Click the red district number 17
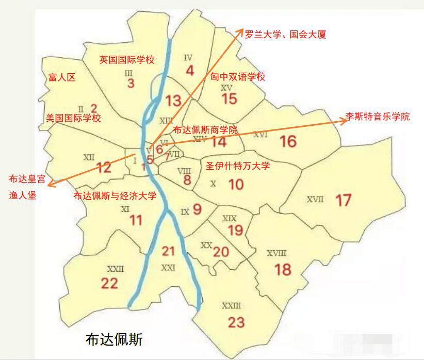pyautogui.click(x=343, y=200)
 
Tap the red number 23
pyautogui.click(x=236, y=322)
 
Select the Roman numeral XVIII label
pyautogui.click(x=276, y=253)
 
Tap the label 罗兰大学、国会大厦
pyautogui.click(x=285, y=35)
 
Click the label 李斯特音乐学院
pyautogui.click(x=378, y=117)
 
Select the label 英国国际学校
pyautogui.click(x=127, y=60)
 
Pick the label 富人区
pyautogui.click(x=61, y=77)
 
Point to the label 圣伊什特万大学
pyautogui.click(x=238, y=166)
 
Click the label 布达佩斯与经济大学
pyautogui.click(x=115, y=196)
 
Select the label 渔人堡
pyautogui.click(x=23, y=195)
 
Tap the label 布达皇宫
pyautogui.click(x=27, y=179)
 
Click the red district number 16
pyautogui.click(x=288, y=141)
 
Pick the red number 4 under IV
pyautogui.click(x=189, y=71)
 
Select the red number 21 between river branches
pyautogui.click(x=168, y=251)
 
